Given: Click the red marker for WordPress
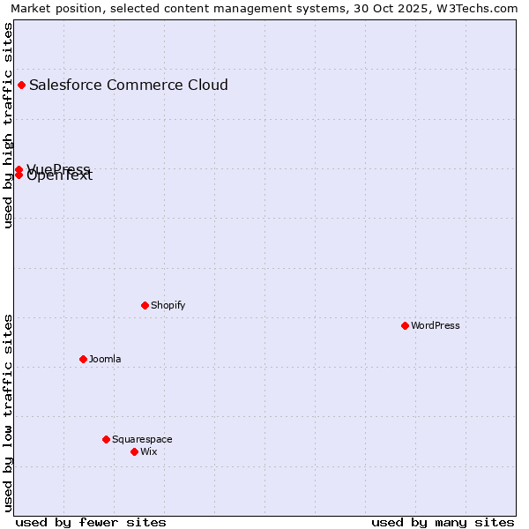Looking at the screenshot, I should tap(405, 325).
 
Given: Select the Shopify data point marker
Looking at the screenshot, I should tap(145, 305).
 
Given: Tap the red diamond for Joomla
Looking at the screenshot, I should tap(83, 359).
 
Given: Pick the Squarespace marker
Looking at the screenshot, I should tap(106, 439).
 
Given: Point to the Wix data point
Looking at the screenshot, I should tap(134, 451).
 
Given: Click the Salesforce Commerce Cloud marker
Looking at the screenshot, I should tap(21, 85).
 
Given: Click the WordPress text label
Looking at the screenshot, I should tap(436, 325).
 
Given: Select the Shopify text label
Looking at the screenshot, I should tap(168, 305).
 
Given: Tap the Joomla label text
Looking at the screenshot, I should tap(105, 359).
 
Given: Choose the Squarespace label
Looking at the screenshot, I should tap(142, 439).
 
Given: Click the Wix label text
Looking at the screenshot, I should tap(149, 451).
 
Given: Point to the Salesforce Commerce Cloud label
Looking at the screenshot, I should tap(129, 85).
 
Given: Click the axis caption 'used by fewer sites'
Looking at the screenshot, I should tap(91, 522).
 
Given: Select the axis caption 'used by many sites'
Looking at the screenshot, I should tap(443, 522).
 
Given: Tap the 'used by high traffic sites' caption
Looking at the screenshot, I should tap(8, 125).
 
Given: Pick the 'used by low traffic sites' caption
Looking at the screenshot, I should tap(8, 412).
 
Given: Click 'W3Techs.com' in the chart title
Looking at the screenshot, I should tap(481, 8).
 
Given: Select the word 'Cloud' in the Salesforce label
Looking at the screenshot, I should tap(205, 85).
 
